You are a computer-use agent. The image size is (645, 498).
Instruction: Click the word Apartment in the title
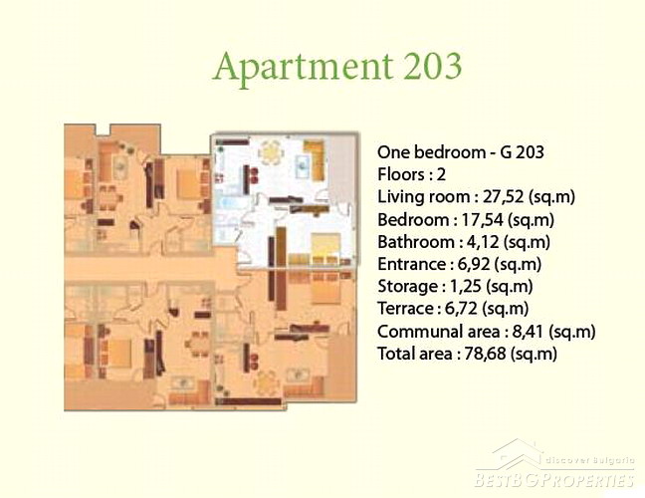pyautogui.click(x=303, y=67)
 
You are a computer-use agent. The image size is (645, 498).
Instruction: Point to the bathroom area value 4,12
pyautogui.click(x=483, y=242)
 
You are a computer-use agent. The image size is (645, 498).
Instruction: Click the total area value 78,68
pyautogui.click(x=485, y=354)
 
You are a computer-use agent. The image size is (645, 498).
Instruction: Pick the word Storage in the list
pyautogui.click(x=408, y=287)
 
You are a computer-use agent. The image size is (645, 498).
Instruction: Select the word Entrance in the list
pyautogui.click(x=410, y=264)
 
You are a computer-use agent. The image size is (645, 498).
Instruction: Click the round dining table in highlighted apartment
pyautogui.click(x=271, y=152)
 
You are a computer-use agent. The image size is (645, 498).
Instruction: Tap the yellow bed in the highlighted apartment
pyautogui.click(x=325, y=248)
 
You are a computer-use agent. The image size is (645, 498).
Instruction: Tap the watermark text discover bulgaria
pyautogui.click(x=589, y=460)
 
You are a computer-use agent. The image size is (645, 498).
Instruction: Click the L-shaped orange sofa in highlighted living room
pyautogui.click(x=316, y=159)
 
